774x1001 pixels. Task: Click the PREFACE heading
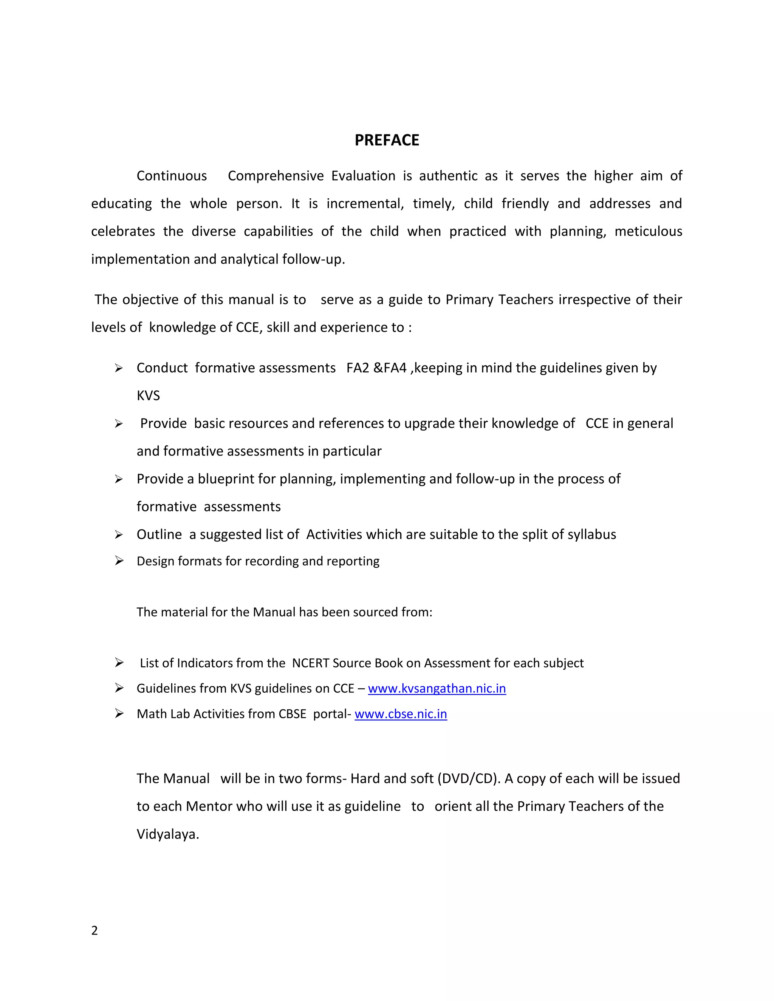pyautogui.click(x=387, y=140)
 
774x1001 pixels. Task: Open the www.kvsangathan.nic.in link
pyautogui.click(x=437, y=688)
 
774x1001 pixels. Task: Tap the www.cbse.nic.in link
pyautogui.click(x=400, y=714)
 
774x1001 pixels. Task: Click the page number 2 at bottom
pyautogui.click(x=94, y=930)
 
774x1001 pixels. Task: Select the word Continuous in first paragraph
pyautogui.click(x=172, y=176)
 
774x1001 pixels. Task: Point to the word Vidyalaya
pyautogui.click(x=167, y=834)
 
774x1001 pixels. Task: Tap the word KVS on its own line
pyautogui.click(x=148, y=395)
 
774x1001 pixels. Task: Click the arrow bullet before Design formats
pyautogui.click(x=119, y=561)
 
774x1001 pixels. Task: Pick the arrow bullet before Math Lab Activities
pyautogui.click(x=119, y=714)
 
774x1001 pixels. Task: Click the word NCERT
pyautogui.click(x=310, y=663)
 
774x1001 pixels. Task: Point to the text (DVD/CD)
pyautogui.click(x=469, y=779)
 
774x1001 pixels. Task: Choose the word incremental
pyautogui.click(x=365, y=204)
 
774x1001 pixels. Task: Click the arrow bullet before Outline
pyautogui.click(x=119, y=534)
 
